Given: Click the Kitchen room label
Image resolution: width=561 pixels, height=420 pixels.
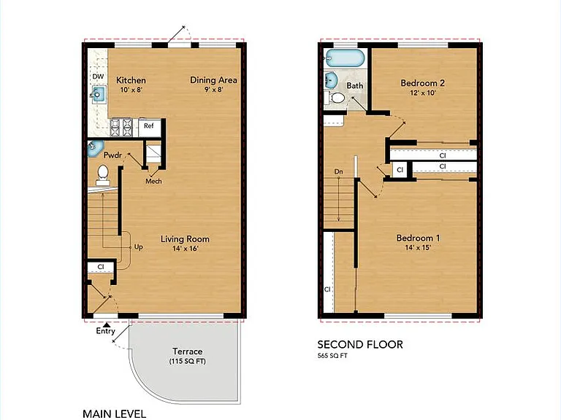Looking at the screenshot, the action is pyautogui.click(x=131, y=80).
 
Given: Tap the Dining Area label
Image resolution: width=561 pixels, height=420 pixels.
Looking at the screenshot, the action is pyautogui.click(x=213, y=80).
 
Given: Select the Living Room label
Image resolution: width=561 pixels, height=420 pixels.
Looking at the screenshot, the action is pyautogui.click(x=185, y=239).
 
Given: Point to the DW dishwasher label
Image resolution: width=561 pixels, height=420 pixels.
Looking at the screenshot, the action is pyautogui.click(x=98, y=77).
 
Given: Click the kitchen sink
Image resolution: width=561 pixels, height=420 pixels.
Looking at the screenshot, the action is pyautogui.click(x=99, y=94).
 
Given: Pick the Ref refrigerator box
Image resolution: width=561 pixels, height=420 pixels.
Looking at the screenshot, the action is pyautogui.click(x=150, y=128).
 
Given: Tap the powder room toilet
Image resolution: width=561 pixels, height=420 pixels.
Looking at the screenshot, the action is pyautogui.click(x=103, y=175).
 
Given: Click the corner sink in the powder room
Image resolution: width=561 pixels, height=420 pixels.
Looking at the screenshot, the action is pyautogui.click(x=95, y=149).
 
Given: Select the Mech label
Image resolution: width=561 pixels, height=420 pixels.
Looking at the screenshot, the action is pyautogui.click(x=153, y=182).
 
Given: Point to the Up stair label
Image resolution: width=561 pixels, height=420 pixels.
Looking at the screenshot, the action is pyautogui.click(x=139, y=247).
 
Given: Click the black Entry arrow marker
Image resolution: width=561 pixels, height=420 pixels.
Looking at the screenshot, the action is pyautogui.click(x=106, y=324).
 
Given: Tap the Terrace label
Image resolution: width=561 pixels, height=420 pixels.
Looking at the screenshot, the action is pyautogui.click(x=188, y=351).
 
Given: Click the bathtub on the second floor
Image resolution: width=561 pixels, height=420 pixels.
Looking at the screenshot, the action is pyautogui.click(x=344, y=58).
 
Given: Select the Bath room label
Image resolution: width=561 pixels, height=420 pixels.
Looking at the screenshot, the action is pyautogui.click(x=354, y=86).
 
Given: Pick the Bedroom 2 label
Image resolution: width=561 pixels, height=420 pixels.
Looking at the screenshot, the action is pyautogui.click(x=422, y=83).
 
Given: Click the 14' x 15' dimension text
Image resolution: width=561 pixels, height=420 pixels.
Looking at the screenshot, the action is pyautogui.click(x=418, y=247).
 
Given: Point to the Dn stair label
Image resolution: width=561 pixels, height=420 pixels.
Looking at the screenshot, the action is pyautogui.click(x=338, y=172).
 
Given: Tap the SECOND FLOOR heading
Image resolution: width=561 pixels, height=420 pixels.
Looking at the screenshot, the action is pyautogui.click(x=360, y=345).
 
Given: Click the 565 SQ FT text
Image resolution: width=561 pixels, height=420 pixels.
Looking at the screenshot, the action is pyautogui.click(x=332, y=356).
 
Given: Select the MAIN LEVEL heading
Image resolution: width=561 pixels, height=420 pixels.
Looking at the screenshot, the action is pyautogui.click(x=115, y=414).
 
